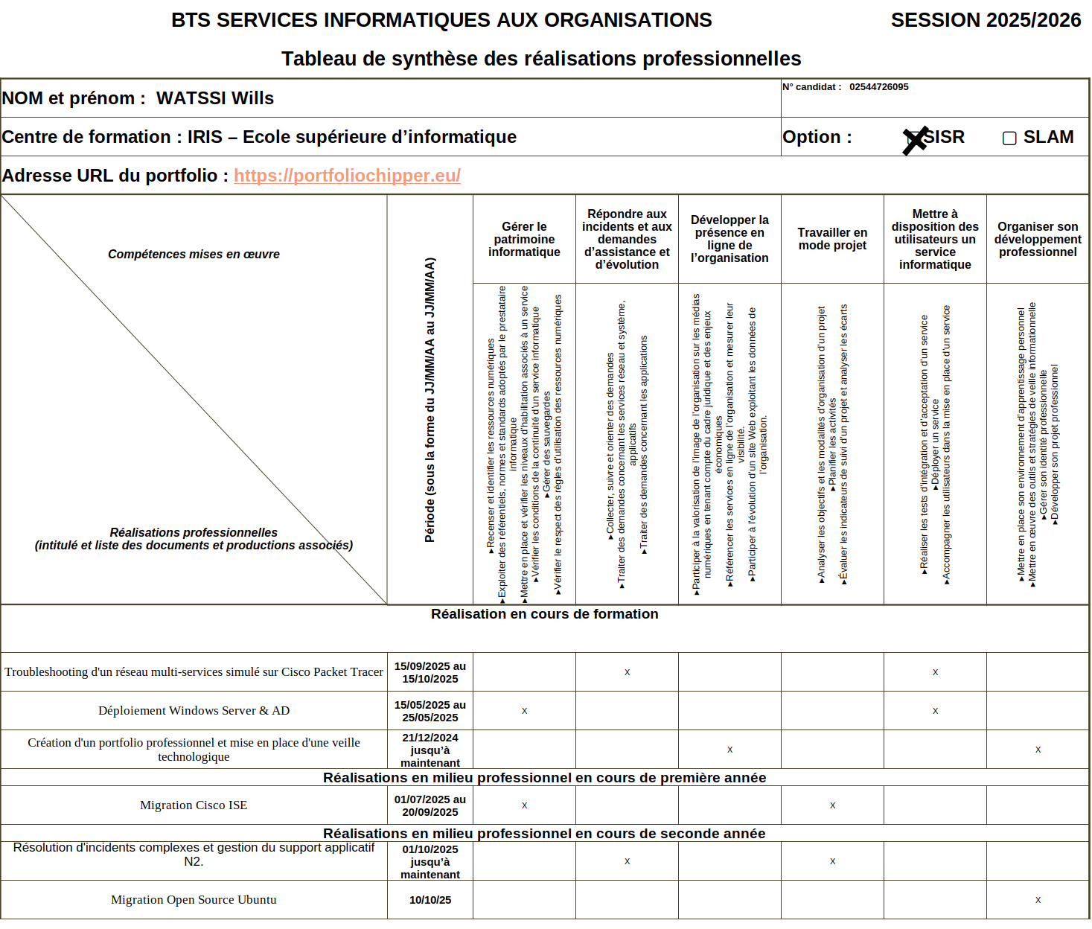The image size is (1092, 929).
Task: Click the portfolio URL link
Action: click(347, 176)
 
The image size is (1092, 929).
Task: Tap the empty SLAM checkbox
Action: click(1009, 138)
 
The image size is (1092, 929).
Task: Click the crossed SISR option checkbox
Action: click(914, 139)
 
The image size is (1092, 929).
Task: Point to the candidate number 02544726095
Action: click(878, 87)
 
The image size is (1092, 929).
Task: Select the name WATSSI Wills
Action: click(214, 98)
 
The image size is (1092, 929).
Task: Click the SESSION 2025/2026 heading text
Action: click(985, 20)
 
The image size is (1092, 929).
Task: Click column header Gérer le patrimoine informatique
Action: click(524, 239)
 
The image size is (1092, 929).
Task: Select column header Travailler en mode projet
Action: click(832, 239)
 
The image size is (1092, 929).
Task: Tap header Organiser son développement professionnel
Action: click(1038, 239)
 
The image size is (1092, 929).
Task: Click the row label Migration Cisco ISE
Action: click(194, 805)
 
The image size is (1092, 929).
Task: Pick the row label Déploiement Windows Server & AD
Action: click(194, 711)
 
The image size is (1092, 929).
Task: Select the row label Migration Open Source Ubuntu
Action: click(194, 900)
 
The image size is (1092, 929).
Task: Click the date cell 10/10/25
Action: click(430, 900)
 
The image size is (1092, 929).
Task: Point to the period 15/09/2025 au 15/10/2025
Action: click(430, 672)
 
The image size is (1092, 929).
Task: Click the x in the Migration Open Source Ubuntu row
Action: click(1038, 900)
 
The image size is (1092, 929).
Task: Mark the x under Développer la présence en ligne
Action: click(729, 750)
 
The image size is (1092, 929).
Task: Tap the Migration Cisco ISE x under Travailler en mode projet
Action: click(832, 805)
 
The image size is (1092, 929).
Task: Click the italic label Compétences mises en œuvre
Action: click(194, 255)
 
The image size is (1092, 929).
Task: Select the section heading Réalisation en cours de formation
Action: click(544, 614)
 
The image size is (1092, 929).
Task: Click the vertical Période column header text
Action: click(430, 400)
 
